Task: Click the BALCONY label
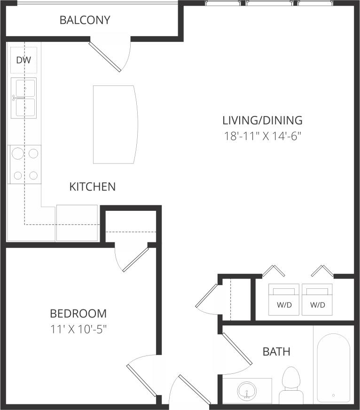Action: tap(85, 20)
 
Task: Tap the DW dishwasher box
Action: tap(23, 60)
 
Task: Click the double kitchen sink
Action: tap(24, 98)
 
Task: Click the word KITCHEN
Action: tap(92, 186)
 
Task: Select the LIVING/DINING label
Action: tap(262, 120)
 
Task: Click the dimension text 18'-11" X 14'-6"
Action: tap(262, 137)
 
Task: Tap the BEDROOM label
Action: tap(78, 313)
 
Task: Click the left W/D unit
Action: tap(284, 300)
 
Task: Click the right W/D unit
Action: tap(317, 300)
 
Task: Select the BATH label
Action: tap(276, 351)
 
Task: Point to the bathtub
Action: tap(333, 368)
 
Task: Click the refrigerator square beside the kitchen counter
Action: tap(77, 223)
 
